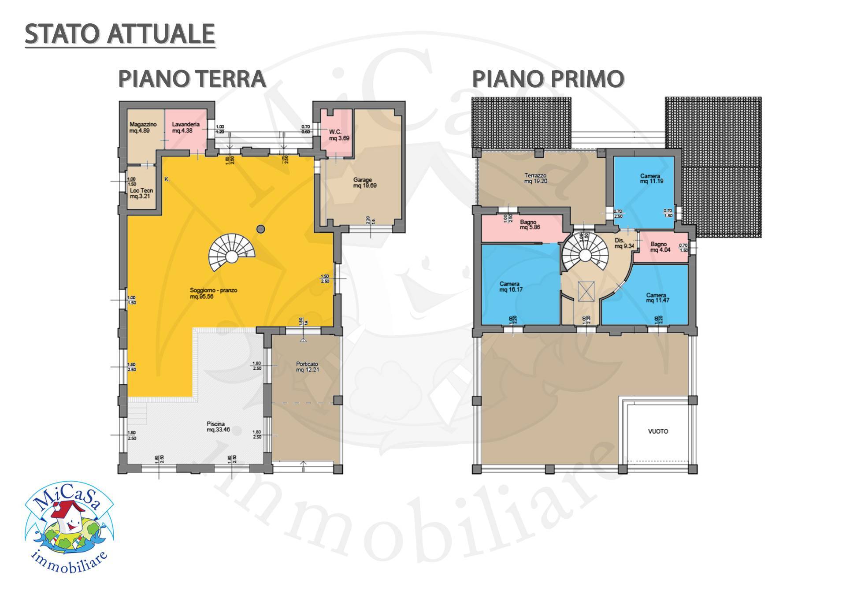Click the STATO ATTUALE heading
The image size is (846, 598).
click(x=120, y=34)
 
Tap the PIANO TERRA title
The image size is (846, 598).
click(x=192, y=79)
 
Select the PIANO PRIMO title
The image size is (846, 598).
click(x=548, y=79)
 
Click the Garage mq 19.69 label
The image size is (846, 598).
click(x=364, y=183)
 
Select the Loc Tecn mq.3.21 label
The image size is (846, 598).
click(x=141, y=193)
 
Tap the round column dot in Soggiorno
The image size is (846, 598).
click(x=261, y=228)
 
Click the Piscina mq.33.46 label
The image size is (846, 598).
click(x=218, y=426)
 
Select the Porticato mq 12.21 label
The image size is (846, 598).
click(x=307, y=367)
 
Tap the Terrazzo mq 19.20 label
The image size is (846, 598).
click(x=535, y=178)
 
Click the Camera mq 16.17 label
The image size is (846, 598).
click(x=511, y=287)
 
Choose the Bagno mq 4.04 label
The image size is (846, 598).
click(x=659, y=247)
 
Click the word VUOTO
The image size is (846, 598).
click(x=658, y=431)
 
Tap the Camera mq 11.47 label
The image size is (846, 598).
click(x=656, y=298)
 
